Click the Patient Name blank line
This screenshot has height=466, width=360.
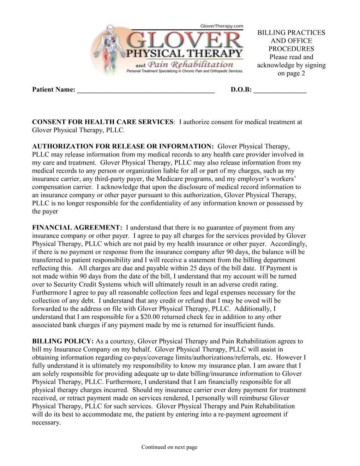click(x=145, y=90)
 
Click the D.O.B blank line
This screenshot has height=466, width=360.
click(x=280, y=90)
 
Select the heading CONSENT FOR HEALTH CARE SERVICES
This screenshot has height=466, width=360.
click(x=103, y=122)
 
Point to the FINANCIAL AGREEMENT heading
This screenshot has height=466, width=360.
click(x=77, y=228)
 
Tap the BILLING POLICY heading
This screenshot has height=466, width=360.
click(x=63, y=341)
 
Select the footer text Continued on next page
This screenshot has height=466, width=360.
click(x=169, y=447)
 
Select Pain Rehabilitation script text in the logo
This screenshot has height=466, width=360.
click(x=191, y=65)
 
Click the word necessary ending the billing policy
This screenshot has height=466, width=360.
click(x=46, y=423)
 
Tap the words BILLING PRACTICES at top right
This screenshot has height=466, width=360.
click(x=291, y=33)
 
